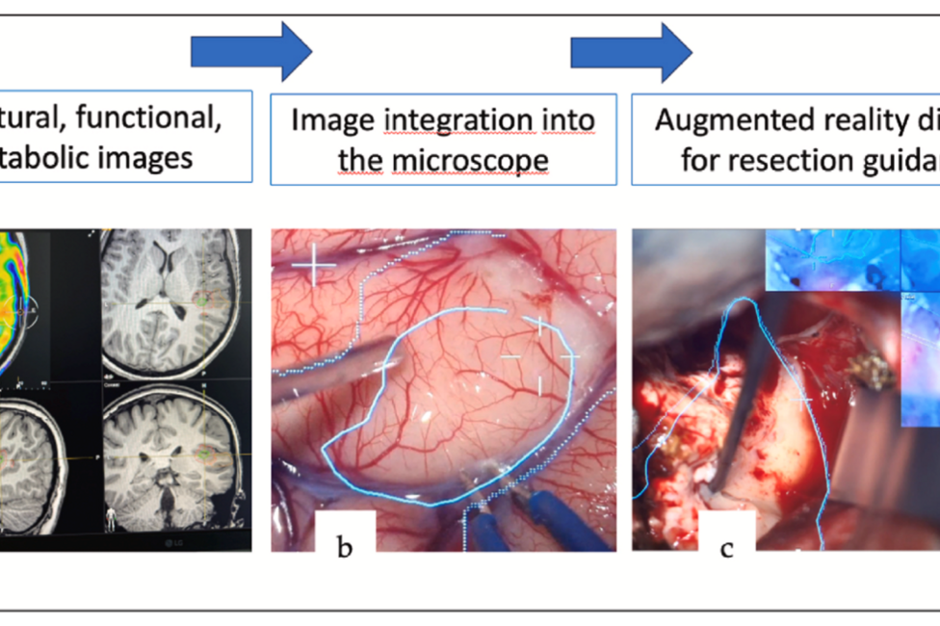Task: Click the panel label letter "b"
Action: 345,549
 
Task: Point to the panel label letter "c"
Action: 726,549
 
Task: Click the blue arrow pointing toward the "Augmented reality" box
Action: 631,52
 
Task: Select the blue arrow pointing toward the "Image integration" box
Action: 251,52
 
